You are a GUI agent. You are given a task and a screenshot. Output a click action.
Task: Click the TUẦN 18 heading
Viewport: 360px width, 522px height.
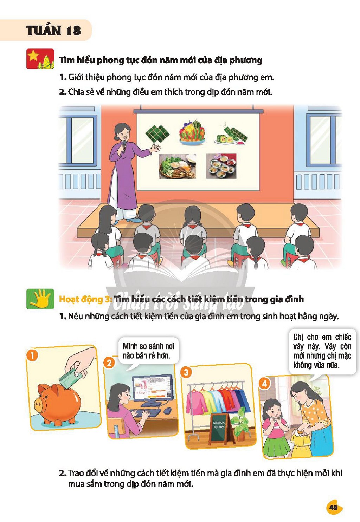tap(54, 31)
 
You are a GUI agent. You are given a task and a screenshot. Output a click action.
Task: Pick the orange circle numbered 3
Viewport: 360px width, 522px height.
tap(186, 372)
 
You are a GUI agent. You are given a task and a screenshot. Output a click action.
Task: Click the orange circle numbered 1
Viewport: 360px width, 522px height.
tap(32, 356)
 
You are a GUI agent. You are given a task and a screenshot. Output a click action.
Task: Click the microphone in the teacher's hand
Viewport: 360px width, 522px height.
tap(124, 145)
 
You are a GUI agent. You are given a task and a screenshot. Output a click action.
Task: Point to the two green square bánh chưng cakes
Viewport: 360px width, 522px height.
tap(157, 133)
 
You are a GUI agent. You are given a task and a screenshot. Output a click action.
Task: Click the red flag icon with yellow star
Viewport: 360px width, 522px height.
tap(40, 59)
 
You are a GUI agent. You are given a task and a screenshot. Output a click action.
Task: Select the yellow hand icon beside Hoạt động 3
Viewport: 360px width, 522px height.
tap(40, 299)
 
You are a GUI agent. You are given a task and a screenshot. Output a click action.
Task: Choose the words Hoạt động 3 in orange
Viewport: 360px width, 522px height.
tap(86, 299)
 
